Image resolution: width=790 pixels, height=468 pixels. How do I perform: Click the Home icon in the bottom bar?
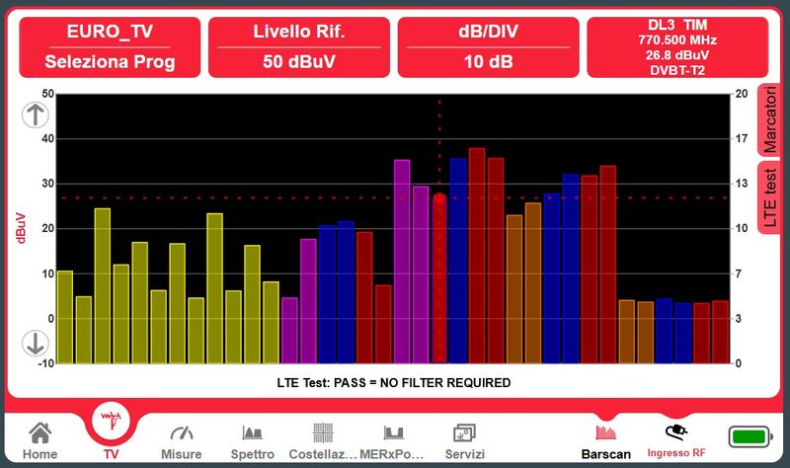39,432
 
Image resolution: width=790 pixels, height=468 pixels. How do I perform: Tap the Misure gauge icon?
182,432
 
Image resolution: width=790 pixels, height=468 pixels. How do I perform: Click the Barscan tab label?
605,454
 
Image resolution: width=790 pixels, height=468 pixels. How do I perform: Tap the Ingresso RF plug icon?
676,432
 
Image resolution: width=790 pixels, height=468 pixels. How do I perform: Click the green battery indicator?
750,436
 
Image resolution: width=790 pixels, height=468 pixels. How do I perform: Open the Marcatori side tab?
769,119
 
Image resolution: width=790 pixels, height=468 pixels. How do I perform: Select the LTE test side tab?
769,198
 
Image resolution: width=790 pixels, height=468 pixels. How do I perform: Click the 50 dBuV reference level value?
299,61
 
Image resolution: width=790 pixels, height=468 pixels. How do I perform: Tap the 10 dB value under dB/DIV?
488,61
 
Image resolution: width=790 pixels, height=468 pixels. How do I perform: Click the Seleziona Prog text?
110,61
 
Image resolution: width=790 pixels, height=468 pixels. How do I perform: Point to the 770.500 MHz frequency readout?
677,39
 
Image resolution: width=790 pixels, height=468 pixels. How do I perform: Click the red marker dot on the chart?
439,198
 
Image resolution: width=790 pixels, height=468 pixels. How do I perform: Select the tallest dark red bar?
477,256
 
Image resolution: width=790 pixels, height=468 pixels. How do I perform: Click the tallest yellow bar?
103,285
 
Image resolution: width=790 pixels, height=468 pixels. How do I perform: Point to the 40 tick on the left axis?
47,138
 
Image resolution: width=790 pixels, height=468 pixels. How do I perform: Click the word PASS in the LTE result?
350,383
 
